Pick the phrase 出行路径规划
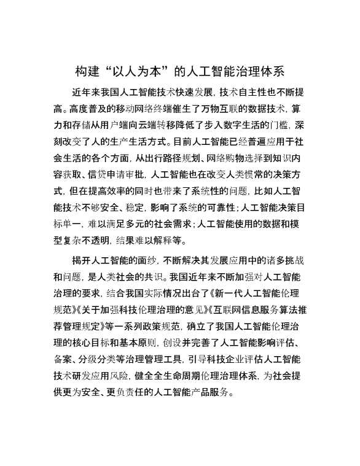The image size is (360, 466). [x=165, y=157]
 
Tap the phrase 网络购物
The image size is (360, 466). [x=222, y=157]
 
